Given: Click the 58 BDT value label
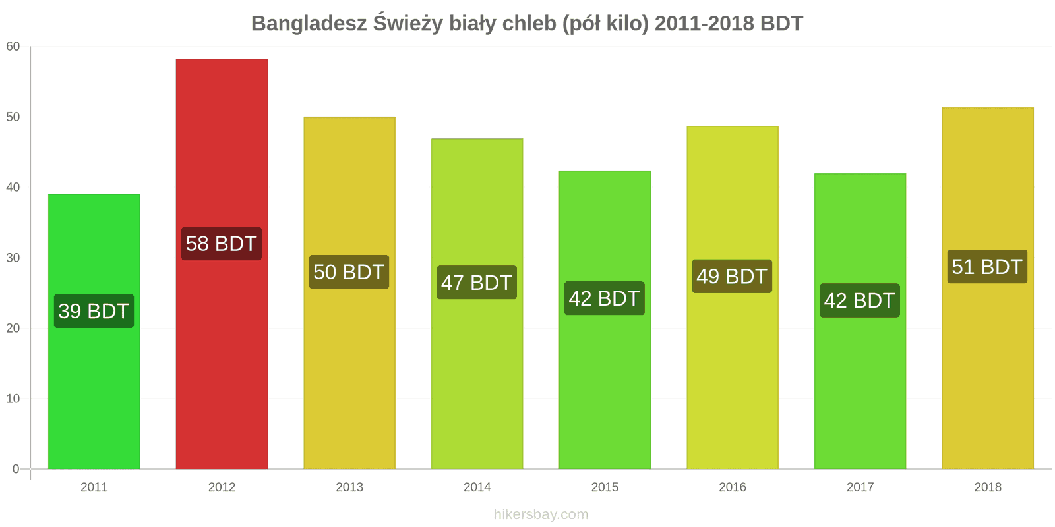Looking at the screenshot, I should pos(222,244).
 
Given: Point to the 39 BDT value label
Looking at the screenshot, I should pos(94,311).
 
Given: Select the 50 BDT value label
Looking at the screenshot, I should pos(349,272).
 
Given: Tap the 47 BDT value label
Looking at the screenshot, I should pos(477,283).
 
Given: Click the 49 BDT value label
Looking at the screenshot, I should pos(732,277).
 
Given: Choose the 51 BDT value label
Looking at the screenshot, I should pos(987,267).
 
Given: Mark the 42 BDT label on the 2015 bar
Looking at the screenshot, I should pos(604,298).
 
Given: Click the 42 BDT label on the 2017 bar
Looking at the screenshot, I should pos(859,300).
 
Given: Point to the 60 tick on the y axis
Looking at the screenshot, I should pos(13,47).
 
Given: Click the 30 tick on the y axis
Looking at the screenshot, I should pos(13,258).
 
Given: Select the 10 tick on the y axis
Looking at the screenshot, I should pos(13,399).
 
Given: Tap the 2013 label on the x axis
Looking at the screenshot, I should pos(349,487).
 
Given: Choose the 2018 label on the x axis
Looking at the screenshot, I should pos(988,487).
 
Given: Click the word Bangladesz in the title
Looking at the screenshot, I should pos(309,24).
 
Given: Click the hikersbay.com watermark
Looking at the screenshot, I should pos(541,514).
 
